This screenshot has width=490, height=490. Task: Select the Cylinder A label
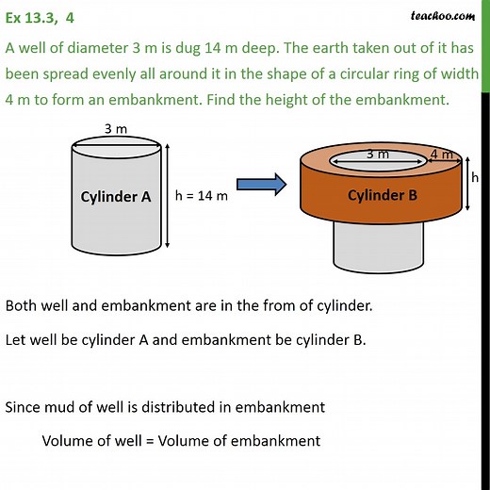click(115, 197)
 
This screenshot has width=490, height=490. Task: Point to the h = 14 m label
click(204, 197)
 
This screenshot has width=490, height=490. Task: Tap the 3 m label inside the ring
click(378, 154)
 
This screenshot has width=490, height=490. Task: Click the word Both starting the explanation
click(22, 305)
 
